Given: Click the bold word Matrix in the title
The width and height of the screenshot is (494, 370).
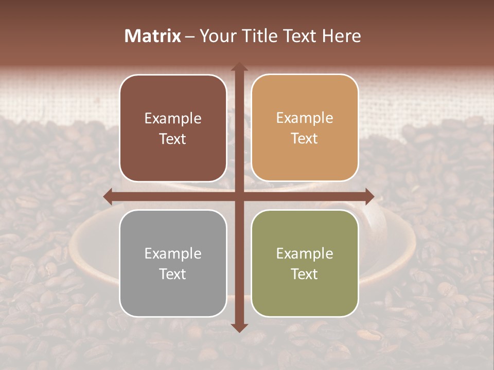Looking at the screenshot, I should [x=153, y=35].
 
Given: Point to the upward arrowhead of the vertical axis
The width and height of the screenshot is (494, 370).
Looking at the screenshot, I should [x=239, y=67].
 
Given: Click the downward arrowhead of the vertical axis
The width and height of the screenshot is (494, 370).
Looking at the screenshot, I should [x=239, y=327].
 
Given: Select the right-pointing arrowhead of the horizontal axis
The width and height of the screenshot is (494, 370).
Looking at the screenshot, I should [x=369, y=196].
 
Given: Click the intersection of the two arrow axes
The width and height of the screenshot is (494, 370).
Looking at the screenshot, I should [x=239, y=196].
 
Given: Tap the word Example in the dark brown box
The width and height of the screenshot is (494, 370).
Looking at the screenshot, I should [x=173, y=119].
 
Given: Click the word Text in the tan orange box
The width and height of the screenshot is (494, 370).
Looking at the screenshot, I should [x=305, y=139].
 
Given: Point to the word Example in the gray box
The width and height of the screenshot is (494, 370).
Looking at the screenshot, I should [x=173, y=254].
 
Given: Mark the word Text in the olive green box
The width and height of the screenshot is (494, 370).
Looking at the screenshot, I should [x=305, y=274].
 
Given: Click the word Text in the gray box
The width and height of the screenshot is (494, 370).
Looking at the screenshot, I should [x=173, y=274].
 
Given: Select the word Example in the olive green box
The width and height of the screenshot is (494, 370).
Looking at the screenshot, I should [x=305, y=254].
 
